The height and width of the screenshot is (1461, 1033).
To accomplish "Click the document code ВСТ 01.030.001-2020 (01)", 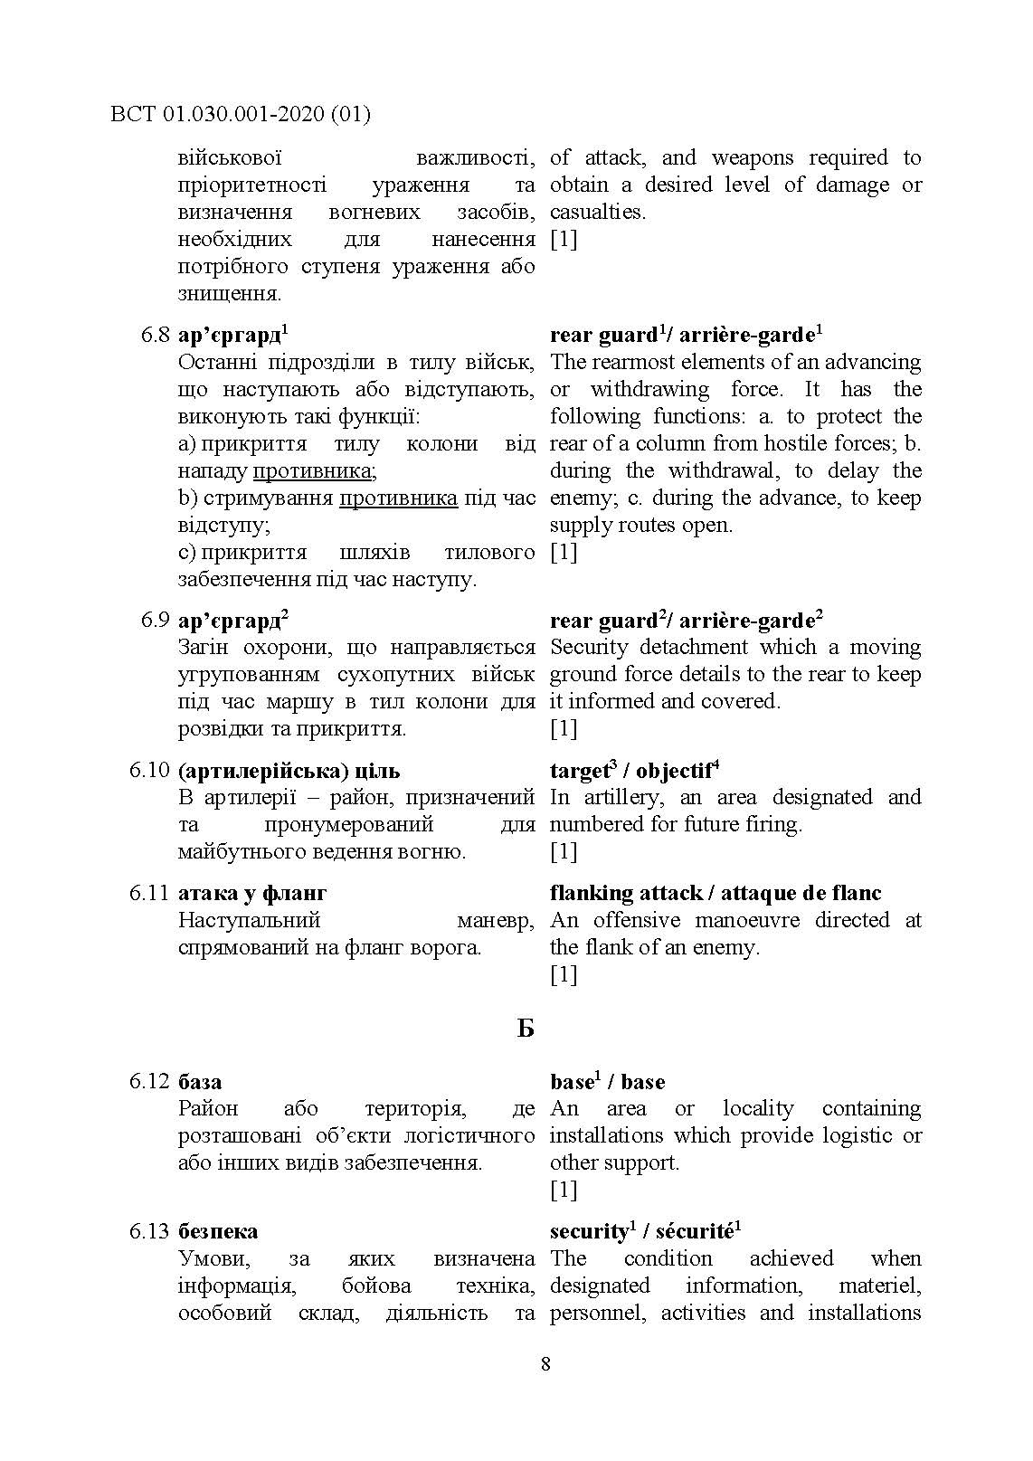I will click(240, 114).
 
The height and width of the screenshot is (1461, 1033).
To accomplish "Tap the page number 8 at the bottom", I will click(545, 1363).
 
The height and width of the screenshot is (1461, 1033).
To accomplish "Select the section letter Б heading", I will click(526, 1029).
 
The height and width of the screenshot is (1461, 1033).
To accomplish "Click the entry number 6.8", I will click(155, 336).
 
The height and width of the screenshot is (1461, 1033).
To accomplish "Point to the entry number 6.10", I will click(149, 771).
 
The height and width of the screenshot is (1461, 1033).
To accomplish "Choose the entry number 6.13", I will click(149, 1231).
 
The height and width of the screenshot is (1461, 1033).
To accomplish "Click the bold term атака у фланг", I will click(252, 894).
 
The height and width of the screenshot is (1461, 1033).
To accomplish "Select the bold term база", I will click(200, 1082).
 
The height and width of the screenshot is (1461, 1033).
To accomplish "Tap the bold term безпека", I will click(218, 1231).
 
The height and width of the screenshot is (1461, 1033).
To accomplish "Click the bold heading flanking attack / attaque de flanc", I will click(716, 894).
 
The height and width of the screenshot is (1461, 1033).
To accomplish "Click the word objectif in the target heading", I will click(674, 772).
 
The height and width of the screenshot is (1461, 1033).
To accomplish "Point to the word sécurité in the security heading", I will click(695, 1232).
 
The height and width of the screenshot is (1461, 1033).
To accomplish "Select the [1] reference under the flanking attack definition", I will click(563, 974).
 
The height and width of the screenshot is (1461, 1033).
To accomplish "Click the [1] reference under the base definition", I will click(563, 1190).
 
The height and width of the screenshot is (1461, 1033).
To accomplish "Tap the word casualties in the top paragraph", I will click(597, 213).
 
